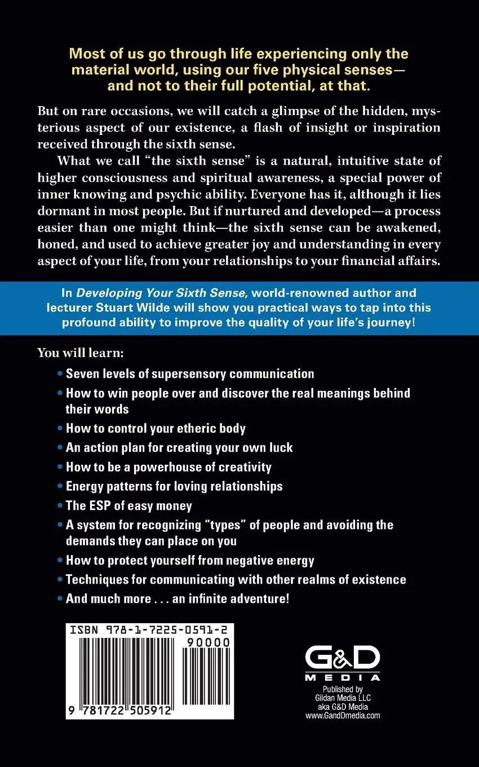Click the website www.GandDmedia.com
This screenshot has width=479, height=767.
[x=343, y=716]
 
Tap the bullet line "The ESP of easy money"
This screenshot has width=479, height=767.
[x=129, y=506]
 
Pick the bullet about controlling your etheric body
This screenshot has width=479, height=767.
[x=156, y=428]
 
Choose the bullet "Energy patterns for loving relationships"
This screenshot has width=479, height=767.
[x=174, y=486]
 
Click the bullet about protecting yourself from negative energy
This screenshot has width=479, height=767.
[x=190, y=561]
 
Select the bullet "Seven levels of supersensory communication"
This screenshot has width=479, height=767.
[x=190, y=373]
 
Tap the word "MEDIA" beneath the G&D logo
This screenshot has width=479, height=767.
[x=343, y=677]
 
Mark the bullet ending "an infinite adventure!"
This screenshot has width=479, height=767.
[x=178, y=598]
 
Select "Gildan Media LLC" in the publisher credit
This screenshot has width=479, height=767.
[x=343, y=698]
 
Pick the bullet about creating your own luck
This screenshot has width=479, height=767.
[x=179, y=448]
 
